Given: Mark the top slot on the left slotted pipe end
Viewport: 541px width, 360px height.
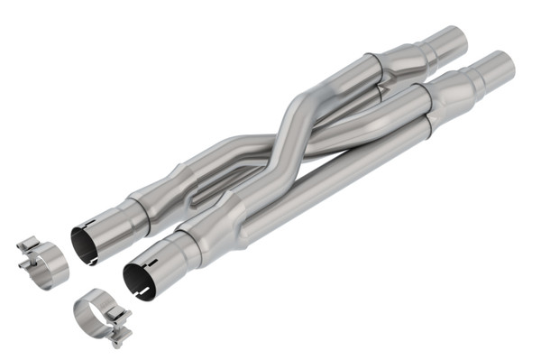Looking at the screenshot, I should coord(87,224).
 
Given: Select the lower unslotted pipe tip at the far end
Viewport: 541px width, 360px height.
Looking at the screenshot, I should coord(499,67).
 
